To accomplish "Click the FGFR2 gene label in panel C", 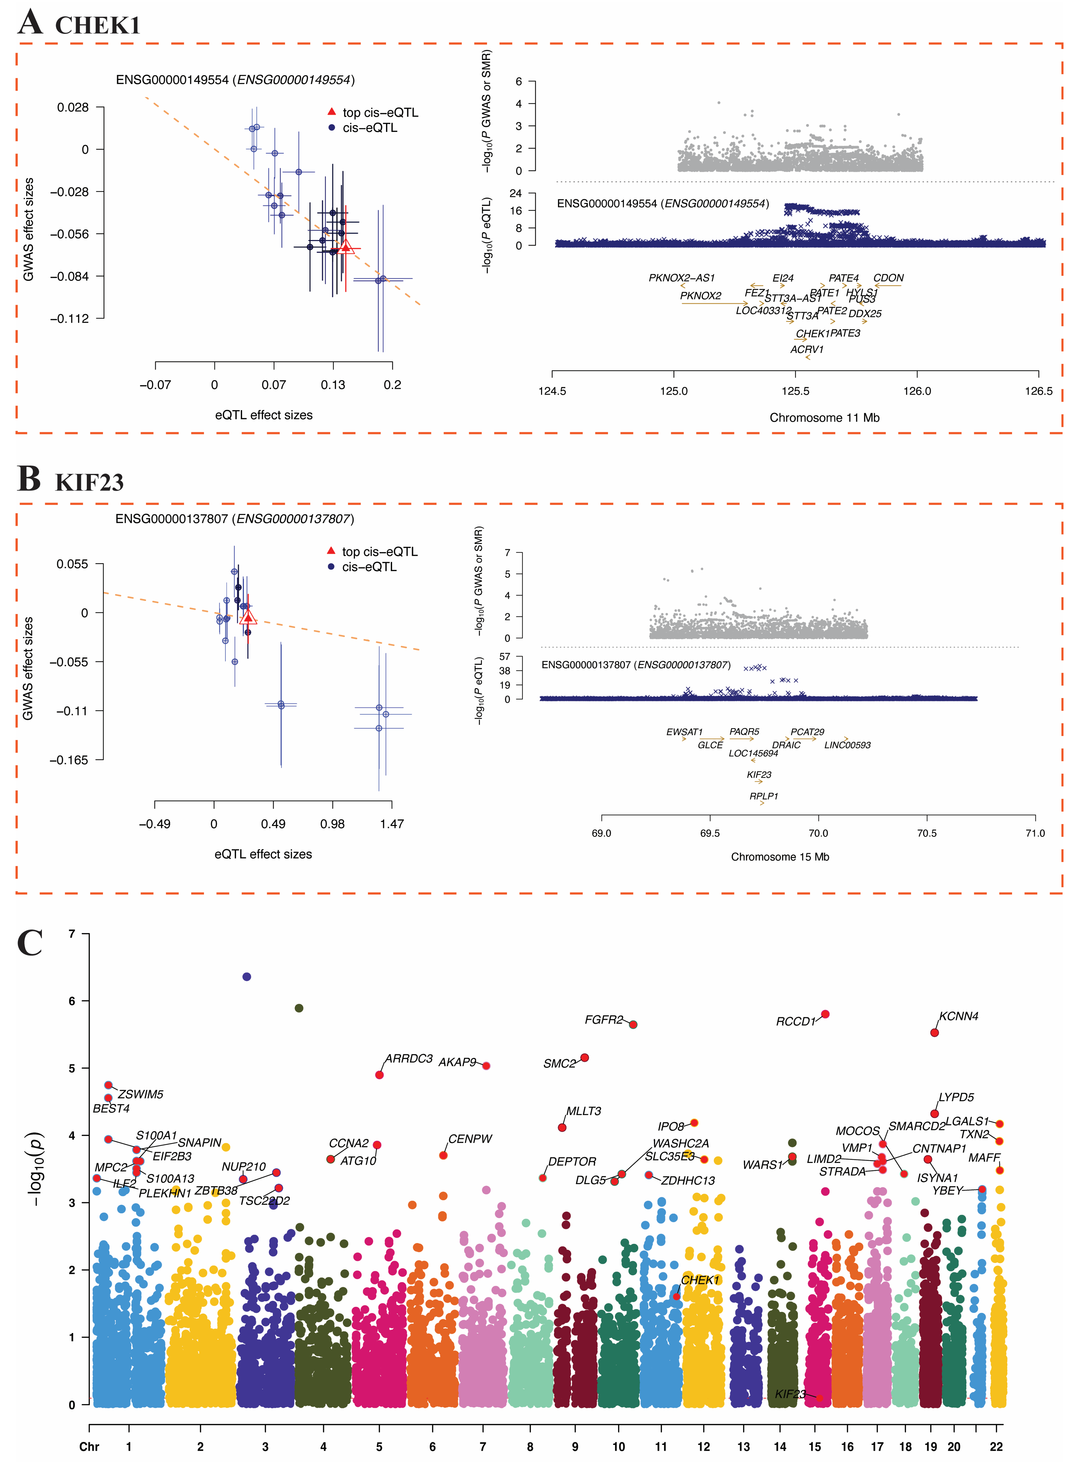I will pos(604,1020).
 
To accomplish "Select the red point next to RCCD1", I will pos(825,1014).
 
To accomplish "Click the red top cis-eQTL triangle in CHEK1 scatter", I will pos(346,246).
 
